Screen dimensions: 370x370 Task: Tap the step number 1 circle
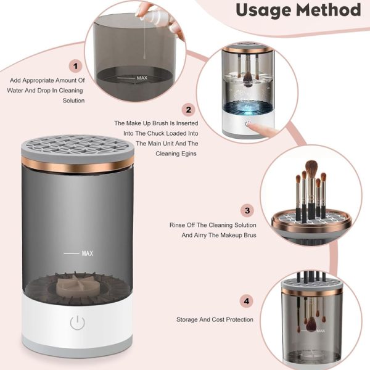pos(76,66)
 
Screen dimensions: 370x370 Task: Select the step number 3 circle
pos(247,211)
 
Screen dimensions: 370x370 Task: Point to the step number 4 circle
pos(247,302)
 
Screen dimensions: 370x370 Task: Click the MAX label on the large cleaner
pos(87,253)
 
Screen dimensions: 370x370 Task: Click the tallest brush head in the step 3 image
pos(312,168)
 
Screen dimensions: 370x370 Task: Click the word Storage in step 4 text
pos(189,319)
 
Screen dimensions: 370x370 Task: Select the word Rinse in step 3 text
pos(178,225)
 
